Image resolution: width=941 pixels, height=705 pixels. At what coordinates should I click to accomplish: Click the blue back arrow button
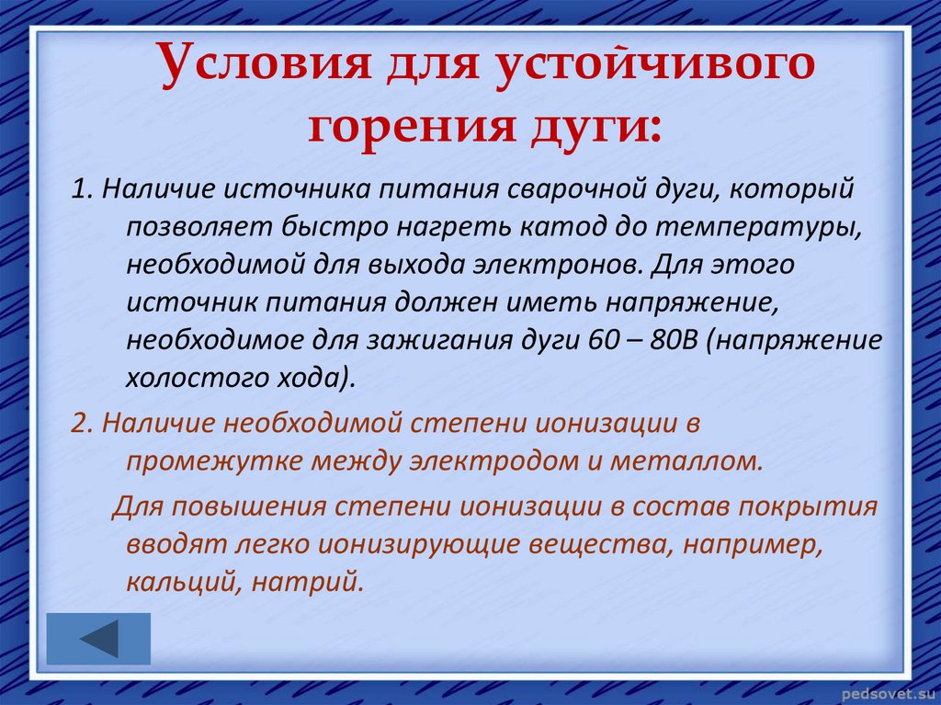[98, 639]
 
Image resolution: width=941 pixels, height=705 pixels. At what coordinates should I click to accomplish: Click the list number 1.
[81, 188]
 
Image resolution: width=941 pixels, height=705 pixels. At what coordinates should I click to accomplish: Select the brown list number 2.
[82, 423]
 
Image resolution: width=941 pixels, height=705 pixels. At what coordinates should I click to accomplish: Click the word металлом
[686, 461]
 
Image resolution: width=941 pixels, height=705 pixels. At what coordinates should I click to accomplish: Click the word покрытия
[808, 507]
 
